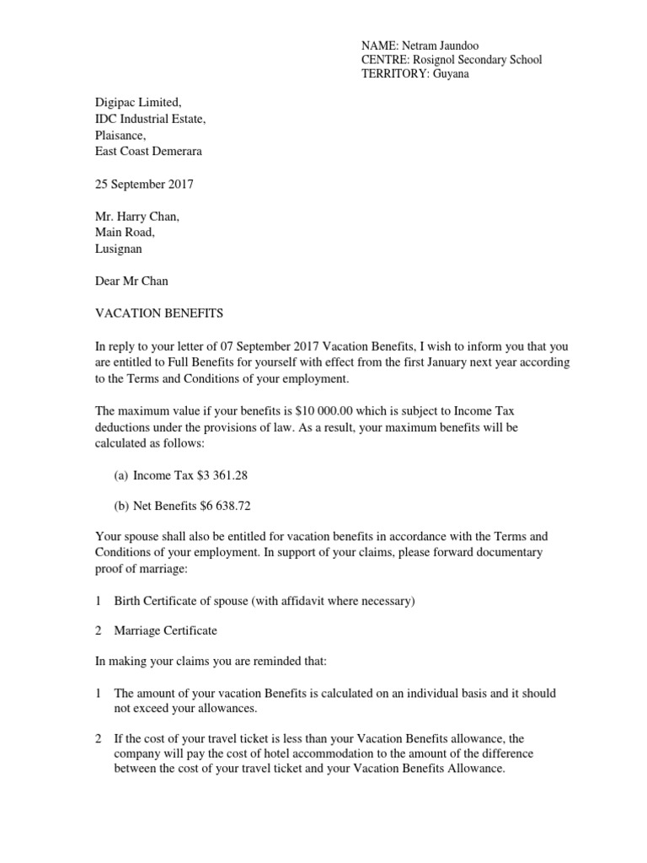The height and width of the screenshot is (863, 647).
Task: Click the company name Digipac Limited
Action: point(136,104)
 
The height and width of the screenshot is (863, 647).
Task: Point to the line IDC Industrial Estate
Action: point(149,119)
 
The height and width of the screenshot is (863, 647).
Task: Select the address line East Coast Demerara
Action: point(148,151)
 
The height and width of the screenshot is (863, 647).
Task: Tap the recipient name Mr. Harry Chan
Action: point(136,217)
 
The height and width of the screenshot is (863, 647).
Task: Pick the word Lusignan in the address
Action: point(119,249)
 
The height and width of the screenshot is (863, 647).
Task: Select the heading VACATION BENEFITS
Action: point(158,314)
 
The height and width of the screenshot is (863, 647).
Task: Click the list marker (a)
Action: point(120,475)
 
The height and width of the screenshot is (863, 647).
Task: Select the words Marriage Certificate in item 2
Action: point(166,630)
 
